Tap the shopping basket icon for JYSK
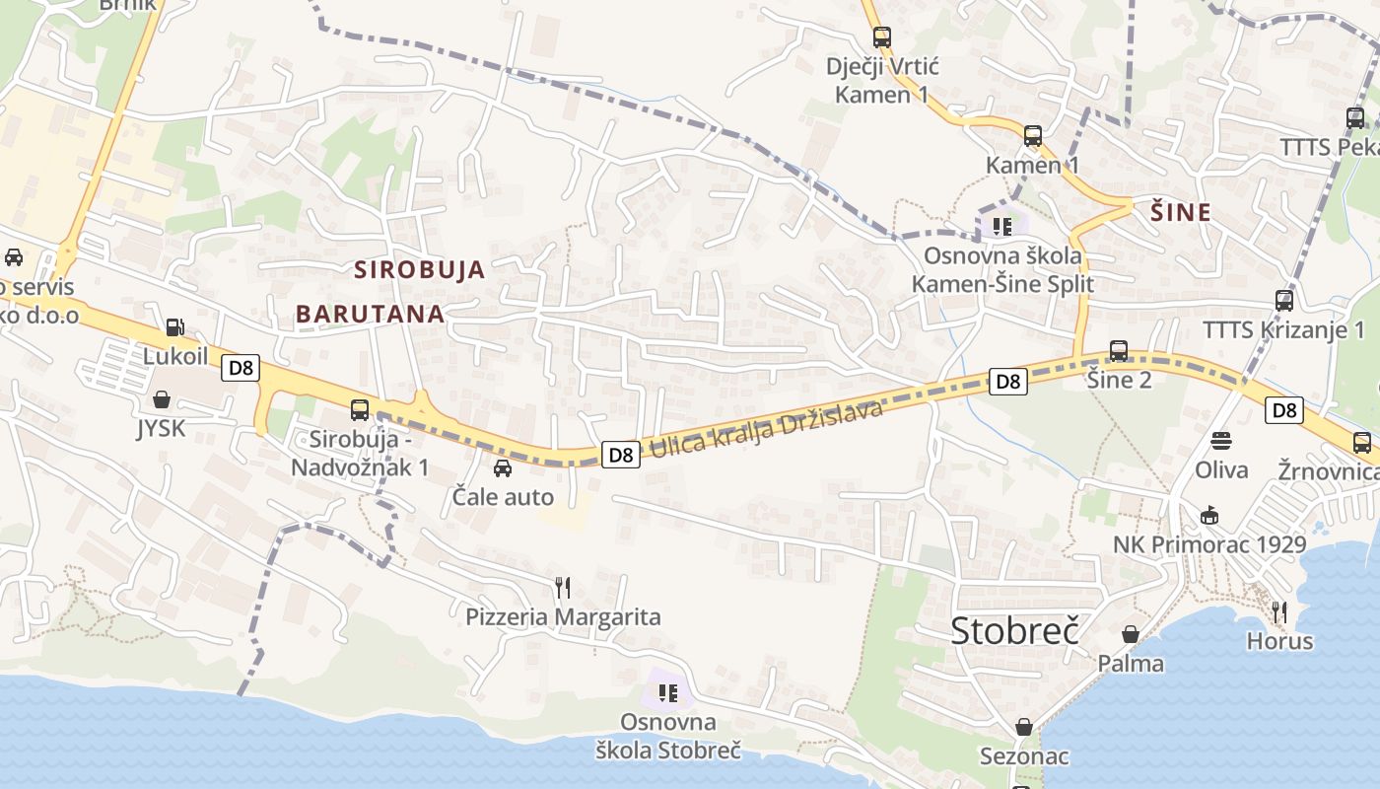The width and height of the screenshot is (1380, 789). pyautogui.click(x=162, y=399)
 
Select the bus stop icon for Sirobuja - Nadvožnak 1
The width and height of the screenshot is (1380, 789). pyautogui.click(x=360, y=410)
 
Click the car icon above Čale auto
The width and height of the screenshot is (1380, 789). pyautogui.click(x=503, y=467)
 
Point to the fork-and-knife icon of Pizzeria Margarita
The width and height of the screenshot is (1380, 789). pyautogui.click(x=563, y=588)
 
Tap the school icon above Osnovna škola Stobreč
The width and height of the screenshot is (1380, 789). pyautogui.click(x=669, y=693)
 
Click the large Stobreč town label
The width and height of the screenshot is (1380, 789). pyautogui.click(x=1015, y=630)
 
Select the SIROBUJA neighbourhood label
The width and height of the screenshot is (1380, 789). pyautogui.click(x=420, y=269)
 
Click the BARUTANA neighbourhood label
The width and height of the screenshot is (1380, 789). pyautogui.click(x=371, y=314)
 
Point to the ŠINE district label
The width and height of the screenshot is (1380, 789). pyautogui.click(x=1181, y=212)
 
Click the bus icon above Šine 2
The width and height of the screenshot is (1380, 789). pyautogui.click(x=1119, y=350)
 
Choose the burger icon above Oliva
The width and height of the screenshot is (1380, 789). pyautogui.click(x=1221, y=441)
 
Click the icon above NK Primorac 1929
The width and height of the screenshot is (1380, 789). pyautogui.click(x=1209, y=515)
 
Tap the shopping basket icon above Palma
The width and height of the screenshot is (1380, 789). pyautogui.click(x=1131, y=634)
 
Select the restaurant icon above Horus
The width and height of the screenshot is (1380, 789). pyautogui.click(x=1279, y=611)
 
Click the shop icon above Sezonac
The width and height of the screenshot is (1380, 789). pyautogui.click(x=1025, y=727)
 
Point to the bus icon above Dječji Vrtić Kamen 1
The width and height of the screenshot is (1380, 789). pyautogui.click(x=882, y=37)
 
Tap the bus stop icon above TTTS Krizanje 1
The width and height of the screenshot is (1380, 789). pyautogui.click(x=1284, y=301)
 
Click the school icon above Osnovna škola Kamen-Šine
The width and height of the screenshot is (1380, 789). pyautogui.click(x=1003, y=227)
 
